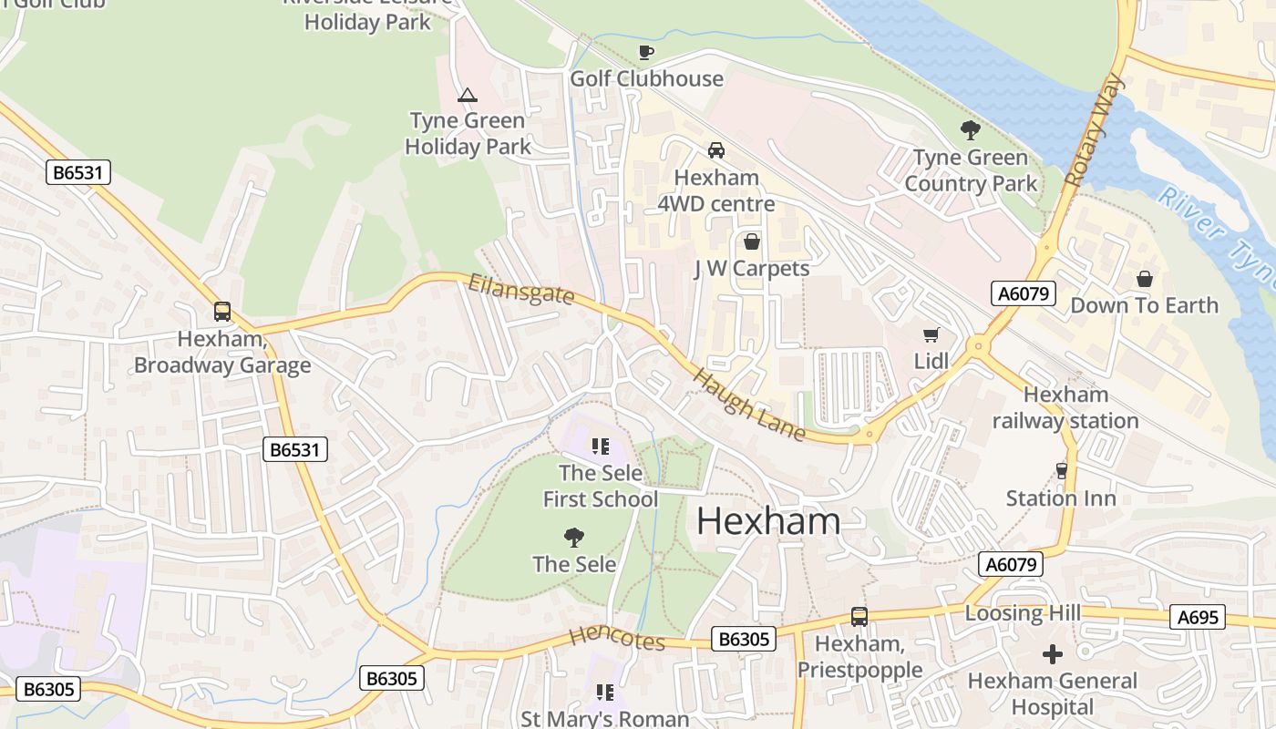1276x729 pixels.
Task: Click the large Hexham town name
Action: point(768,522)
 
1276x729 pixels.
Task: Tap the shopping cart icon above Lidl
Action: point(931,335)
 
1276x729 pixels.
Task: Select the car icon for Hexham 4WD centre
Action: point(716,149)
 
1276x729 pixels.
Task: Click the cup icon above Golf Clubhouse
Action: point(646,52)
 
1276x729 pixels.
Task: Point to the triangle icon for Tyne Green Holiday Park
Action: point(468,95)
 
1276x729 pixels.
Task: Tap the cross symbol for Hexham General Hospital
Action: point(1052,654)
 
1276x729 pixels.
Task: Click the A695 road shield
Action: point(1198,618)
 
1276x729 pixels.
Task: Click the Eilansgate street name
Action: point(520,290)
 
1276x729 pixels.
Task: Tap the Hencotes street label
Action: point(617,639)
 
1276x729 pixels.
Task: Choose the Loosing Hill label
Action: point(1022,613)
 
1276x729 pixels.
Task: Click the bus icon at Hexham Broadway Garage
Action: point(222,312)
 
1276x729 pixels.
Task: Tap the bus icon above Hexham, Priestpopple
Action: point(859,617)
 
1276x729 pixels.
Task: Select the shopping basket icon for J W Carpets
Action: point(752,241)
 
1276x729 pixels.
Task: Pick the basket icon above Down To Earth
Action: point(1144,279)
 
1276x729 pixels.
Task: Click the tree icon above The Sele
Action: point(574,538)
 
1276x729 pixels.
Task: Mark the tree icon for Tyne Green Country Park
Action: point(970,131)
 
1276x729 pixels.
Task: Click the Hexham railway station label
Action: point(1065,407)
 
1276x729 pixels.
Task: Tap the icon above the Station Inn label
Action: point(1061,471)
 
